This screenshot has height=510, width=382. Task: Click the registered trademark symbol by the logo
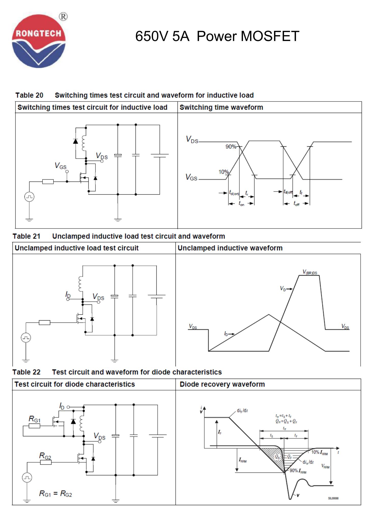click(x=63, y=17)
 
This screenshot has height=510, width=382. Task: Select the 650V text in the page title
click(x=152, y=36)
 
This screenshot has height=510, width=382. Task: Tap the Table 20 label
click(x=29, y=95)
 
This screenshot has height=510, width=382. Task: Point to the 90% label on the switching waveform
click(x=231, y=147)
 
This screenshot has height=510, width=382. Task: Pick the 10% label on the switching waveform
click(x=223, y=172)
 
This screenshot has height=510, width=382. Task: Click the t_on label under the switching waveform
click(x=241, y=203)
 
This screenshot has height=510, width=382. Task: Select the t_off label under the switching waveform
click(x=296, y=203)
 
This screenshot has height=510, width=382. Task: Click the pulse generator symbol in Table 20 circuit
click(x=29, y=197)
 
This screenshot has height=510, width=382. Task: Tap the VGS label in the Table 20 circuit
click(x=60, y=166)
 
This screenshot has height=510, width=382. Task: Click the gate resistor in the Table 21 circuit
click(x=45, y=323)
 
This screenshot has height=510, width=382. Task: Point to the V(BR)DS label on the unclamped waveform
click(x=310, y=272)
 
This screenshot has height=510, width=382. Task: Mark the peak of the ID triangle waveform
click(x=269, y=314)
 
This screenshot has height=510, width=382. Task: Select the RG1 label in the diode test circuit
click(x=34, y=419)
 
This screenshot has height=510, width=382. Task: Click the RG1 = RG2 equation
click(x=56, y=494)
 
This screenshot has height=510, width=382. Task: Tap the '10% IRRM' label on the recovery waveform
click(x=320, y=452)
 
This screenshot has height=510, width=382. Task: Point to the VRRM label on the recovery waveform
click(x=325, y=466)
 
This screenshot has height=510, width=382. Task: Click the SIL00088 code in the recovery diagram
click(x=333, y=498)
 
